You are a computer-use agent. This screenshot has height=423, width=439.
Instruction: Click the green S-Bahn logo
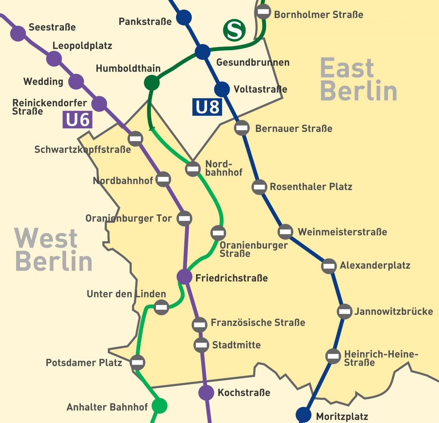coord(234,31)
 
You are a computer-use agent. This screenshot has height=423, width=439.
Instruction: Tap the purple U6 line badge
coord(78,120)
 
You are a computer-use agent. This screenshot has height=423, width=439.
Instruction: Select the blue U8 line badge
coord(207,107)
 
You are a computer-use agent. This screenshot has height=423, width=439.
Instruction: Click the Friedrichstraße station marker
coord(184,277)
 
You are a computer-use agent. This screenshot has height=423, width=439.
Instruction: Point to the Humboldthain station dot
coord(152,83)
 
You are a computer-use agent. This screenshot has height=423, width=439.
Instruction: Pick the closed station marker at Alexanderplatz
coord(329,266)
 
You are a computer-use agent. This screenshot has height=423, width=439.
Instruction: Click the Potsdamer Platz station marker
coord(138,362)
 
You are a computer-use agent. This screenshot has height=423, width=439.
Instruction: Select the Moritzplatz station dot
coord(303,415)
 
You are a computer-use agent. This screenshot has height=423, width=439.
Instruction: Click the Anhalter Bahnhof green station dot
coord(159,405)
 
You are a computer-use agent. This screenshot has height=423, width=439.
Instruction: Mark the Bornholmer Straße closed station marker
coord(263,12)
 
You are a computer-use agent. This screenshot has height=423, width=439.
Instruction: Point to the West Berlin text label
coord(53,249)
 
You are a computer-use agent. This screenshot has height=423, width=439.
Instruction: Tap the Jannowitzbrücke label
coord(393,311)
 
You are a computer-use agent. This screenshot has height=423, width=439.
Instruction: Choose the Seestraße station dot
coord(18,34)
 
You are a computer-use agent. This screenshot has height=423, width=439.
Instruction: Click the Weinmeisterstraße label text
coord(342,232)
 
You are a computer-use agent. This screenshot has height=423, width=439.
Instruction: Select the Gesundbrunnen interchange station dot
coord(202,52)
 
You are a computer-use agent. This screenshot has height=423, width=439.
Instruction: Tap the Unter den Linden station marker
coord(161,307)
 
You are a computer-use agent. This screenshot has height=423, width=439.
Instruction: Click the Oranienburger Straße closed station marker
coord(218,233)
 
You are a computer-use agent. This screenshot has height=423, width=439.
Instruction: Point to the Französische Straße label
coord(258,322)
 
